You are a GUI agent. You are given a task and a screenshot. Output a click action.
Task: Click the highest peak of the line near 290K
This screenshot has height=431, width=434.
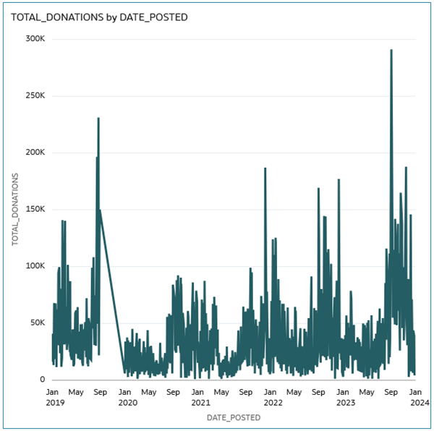tap(391, 51)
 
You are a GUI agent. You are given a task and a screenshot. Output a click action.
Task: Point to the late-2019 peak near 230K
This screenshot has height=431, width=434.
tap(98, 119)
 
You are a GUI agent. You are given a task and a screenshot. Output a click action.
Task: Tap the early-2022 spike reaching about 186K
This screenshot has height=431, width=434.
tap(265, 168)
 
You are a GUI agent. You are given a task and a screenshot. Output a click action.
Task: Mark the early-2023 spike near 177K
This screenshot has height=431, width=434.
tap(339, 179)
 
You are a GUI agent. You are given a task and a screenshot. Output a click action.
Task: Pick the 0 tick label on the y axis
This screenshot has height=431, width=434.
tap(43, 380)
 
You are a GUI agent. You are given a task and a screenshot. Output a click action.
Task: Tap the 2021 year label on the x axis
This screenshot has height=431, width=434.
tap(200, 402)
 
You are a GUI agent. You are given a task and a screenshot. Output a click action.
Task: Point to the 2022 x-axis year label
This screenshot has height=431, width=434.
tap(272, 402)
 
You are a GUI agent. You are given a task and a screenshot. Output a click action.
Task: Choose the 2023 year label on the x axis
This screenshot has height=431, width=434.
tap(344, 402)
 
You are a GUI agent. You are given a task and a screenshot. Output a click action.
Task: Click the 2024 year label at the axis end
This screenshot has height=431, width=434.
tap(414, 402)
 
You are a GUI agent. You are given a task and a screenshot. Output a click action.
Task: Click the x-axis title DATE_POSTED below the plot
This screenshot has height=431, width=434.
tap(234, 418)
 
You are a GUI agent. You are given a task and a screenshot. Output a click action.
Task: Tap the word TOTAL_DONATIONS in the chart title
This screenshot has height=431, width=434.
tap(50, 17)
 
